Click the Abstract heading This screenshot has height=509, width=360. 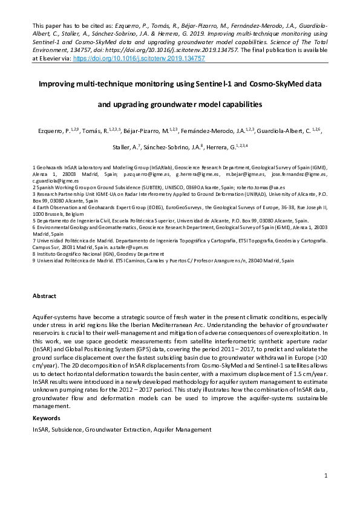pos(44,296)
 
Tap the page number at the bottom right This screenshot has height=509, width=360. pos(326,476)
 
